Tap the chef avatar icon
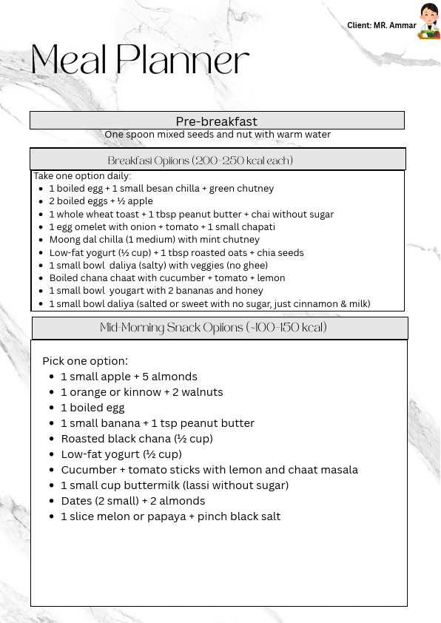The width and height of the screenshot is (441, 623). [428, 21]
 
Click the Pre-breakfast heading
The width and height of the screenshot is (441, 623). [216, 121]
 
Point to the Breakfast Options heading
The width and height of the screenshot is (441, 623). [201, 161]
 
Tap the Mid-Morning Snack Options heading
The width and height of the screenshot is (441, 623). [214, 328]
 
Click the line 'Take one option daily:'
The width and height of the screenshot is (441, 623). [82, 176]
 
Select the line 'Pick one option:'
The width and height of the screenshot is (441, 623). [85, 361]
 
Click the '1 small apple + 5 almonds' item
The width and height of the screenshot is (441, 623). [129, 377]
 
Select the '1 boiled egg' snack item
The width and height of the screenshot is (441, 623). [92, 408]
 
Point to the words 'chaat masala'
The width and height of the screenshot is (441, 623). [326, 470]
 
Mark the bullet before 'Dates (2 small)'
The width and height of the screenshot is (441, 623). [51, 501]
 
